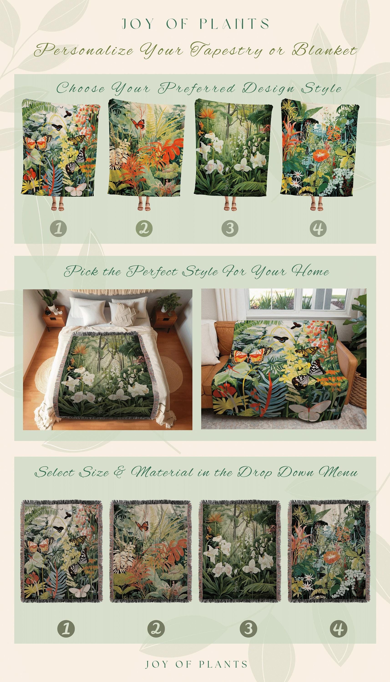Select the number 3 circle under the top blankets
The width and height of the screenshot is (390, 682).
click(x=230, y=228)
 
